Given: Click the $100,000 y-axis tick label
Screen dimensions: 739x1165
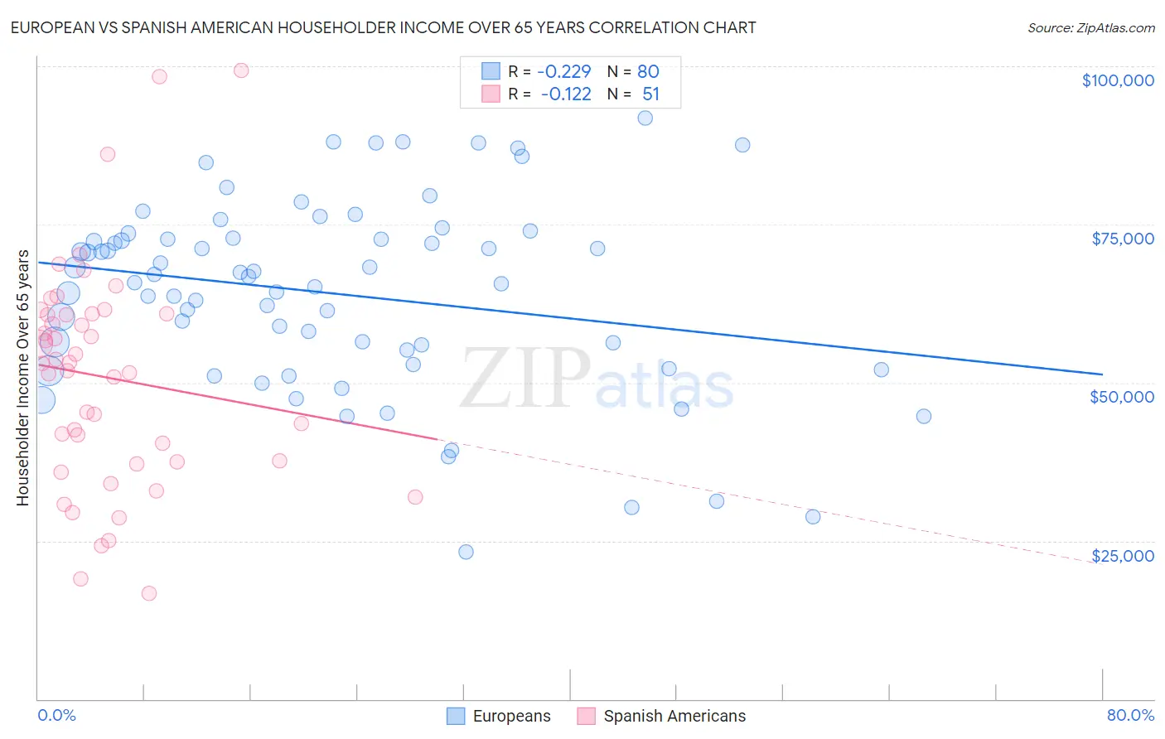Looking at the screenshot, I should pyautogui.click(x=1117, y=80).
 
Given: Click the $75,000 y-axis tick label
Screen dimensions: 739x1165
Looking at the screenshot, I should pyautogui.click(x=1122, y=239).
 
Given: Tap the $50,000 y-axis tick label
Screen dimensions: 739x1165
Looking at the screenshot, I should pyautogui.click(x=1121, y=397).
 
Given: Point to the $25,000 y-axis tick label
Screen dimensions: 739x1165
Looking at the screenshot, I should pyautogui.click(x=1122, y=556).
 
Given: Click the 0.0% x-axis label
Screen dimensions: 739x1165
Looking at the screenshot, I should pyautogui.click(x=56, y=715).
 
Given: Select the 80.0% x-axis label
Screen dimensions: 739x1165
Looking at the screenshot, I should pyautogui.click(x=1130, y=715).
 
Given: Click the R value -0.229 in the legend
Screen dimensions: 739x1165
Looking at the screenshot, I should pyautogui.click(x=563, y=72).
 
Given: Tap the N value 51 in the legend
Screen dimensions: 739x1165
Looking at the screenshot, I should pyautogui.click(x=650, y=94).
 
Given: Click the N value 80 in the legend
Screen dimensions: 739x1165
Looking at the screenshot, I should pyautogui.click(x=648, y=72).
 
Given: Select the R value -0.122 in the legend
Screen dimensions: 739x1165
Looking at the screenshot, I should pyautogui.click(x=566, y=94).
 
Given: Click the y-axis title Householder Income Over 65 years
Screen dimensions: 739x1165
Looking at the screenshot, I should pyautogui.click(x=23, y=378).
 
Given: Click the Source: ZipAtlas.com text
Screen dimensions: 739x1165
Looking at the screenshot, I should pyautogui.click(x=1090, y=28).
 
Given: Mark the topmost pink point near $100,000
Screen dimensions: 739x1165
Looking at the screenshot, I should pyautogui.click(x=241, y=70).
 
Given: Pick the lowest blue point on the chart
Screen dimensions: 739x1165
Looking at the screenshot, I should pyautogui.click(x=466, y=552).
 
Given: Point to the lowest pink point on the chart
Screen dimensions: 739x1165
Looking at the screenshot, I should pyautogui.click(x=149, y=593).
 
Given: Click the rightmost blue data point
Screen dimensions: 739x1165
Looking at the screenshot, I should pyautogui.click(x=924, y=416).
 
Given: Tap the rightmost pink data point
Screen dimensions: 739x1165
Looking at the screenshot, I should pyautogui.click(x=415, y=497).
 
